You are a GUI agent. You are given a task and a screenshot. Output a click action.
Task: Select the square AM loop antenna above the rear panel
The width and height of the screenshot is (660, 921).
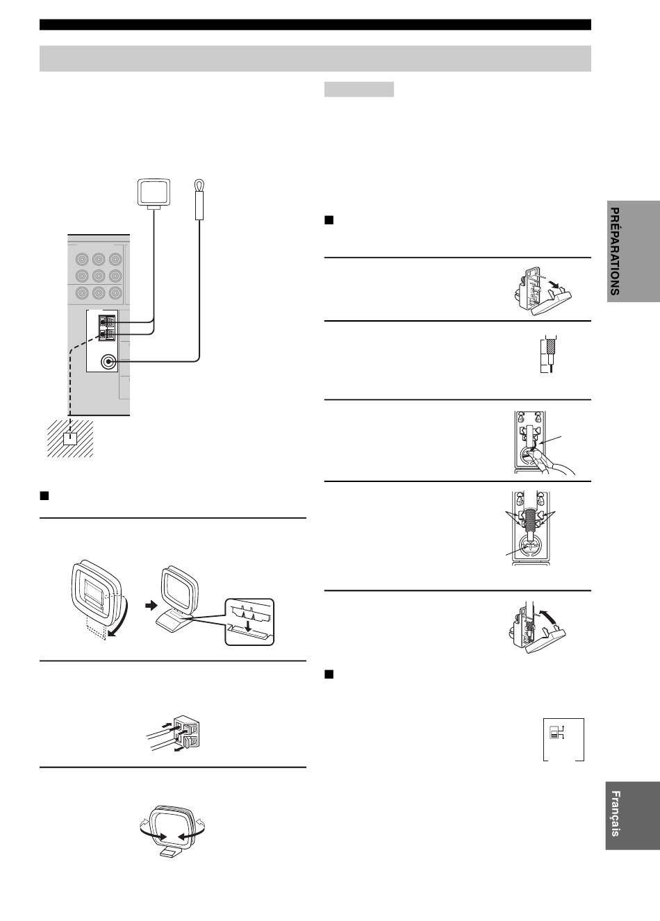tap(154, 192)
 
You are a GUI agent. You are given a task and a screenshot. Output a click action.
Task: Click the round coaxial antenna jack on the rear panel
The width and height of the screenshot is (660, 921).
tap(108, 362)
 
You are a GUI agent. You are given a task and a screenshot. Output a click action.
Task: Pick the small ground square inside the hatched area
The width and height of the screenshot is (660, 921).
tap(70, 439)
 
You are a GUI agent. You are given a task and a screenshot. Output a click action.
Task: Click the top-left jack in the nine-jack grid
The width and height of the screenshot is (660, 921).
tap(82, 260)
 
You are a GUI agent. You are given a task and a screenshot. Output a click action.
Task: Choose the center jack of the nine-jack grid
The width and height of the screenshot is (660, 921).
tap(99, 276)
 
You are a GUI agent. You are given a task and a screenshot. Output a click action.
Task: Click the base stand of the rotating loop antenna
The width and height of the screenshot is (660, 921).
tap(170, 853)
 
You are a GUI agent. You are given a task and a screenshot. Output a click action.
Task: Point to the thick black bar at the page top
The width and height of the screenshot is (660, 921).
tap(315, 24)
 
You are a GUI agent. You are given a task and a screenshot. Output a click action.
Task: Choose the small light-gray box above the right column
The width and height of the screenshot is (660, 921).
tap(359, 89)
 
